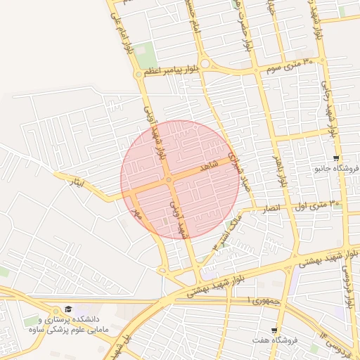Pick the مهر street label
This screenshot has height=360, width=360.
coord(139,211)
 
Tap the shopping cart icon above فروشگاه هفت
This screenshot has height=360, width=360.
coord(274,330)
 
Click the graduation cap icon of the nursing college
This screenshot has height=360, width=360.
coord(68,309)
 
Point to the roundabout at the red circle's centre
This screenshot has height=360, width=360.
coord(169,180)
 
